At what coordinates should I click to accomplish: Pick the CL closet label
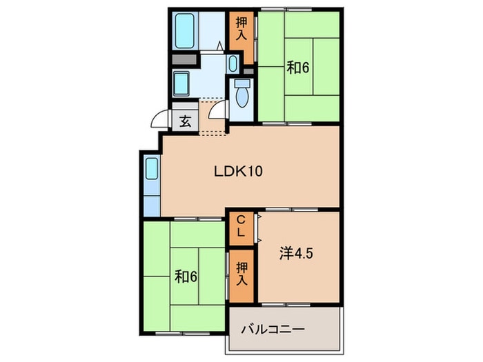[241, 225]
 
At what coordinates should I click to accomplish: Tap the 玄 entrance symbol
[185, 121]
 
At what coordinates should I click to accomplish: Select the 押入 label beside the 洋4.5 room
[241, 274]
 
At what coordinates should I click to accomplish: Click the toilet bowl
[241, 94]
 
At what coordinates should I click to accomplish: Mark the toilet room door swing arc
[217, 110]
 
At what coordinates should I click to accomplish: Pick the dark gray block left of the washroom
[181, 61]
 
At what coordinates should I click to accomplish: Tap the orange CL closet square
[241, 225]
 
